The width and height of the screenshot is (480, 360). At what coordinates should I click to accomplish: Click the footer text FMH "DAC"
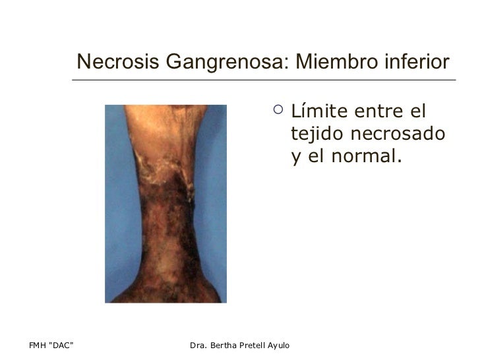pos(51,345)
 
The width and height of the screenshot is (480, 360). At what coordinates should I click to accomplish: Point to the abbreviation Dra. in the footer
pos(199,345)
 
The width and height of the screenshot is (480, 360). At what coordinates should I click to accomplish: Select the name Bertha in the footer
pos(227,345)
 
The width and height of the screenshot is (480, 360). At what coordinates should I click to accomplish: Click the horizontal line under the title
pos(264,80)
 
